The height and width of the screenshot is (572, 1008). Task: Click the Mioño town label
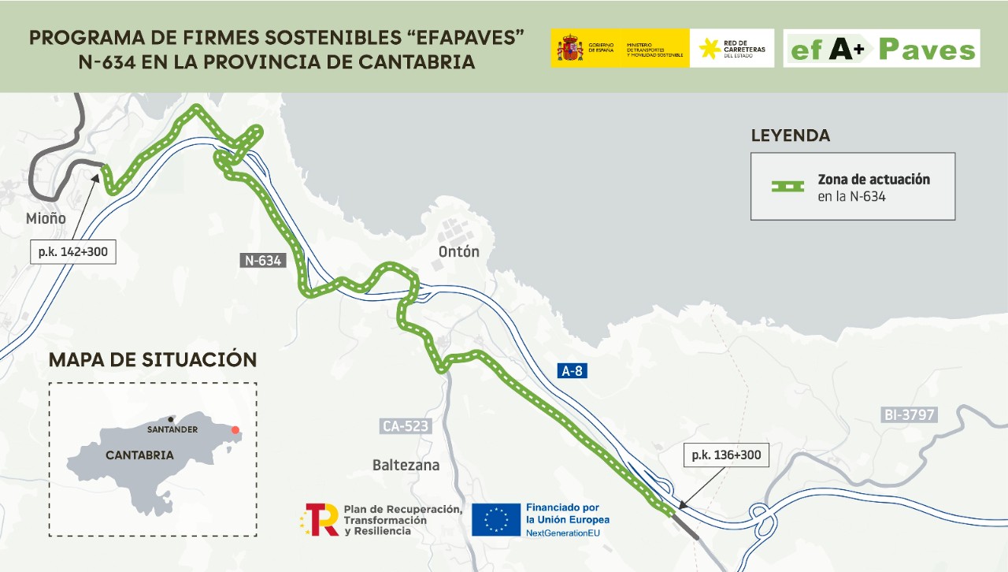[46, 218]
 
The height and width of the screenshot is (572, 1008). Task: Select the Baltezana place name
[406, 465]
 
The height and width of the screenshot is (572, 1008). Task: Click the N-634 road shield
[262, 260]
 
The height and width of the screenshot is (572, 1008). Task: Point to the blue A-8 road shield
[573, 371]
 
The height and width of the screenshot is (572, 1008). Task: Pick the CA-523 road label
[406, 426]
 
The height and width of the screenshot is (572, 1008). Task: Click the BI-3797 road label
[910, 414]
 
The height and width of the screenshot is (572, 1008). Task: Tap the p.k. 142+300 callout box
[72, 251]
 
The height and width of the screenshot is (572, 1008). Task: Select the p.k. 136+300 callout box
[724, 455]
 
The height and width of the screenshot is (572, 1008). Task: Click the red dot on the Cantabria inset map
[234, 430]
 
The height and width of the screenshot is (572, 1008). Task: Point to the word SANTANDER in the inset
[172, 429]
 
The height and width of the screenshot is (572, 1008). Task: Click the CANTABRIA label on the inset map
[139, 455]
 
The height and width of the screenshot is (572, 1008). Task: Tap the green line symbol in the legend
[787, 187]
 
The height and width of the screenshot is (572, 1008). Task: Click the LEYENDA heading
[790, 136]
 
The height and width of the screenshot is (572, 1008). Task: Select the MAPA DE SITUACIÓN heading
[153, 360]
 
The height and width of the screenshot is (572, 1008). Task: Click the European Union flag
[496, 520]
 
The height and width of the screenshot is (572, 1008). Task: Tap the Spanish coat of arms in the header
[569, 48]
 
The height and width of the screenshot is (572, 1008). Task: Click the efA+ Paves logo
[881, 49]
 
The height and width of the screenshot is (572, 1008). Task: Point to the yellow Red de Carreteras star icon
[710, 49]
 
